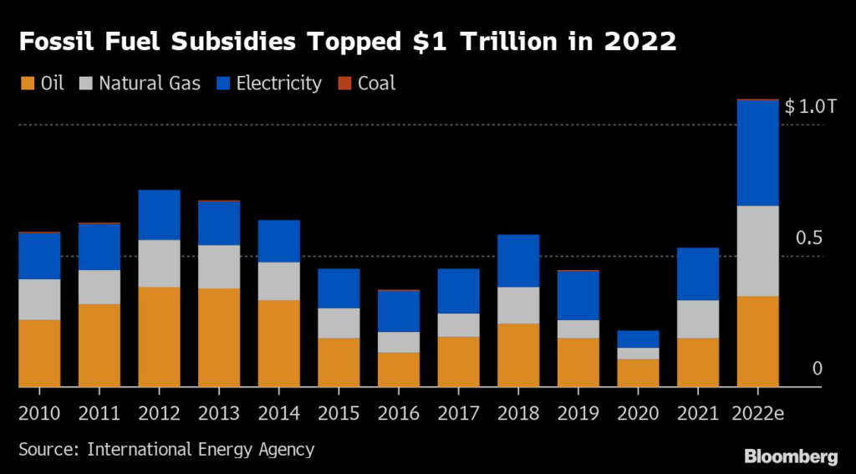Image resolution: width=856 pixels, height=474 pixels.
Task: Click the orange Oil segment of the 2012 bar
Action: tap(160, 337)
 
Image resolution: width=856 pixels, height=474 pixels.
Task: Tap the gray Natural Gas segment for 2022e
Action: tap(757, 251)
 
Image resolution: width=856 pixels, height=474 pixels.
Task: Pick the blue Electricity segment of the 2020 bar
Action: tap(638, 339)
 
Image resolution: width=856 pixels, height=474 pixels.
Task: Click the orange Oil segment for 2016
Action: tap(398, 370)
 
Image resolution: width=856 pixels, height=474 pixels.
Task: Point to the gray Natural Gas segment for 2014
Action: tap(278, 281)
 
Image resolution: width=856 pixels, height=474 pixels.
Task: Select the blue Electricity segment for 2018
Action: tap(518, 261)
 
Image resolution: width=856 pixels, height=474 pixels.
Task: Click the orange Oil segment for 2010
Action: tap(39, 353)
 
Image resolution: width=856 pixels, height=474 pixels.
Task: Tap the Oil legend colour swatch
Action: tap(26, 84)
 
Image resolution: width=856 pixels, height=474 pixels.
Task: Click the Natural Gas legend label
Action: tap(150, 84)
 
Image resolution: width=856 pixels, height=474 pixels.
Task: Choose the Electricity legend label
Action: tap(278, 84)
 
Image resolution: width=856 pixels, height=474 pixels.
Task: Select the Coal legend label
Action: tap(376, 84)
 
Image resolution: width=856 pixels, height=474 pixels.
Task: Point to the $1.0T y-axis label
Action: tap(810, 107)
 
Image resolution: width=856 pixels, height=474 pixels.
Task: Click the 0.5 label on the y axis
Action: tap(810, 238)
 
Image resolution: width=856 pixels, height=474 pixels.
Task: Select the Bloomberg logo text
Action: tap(791, 456)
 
